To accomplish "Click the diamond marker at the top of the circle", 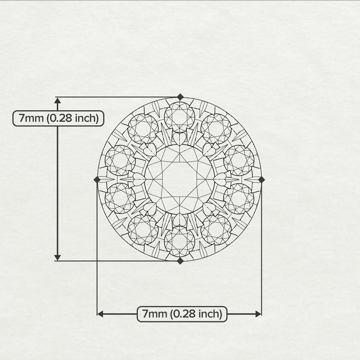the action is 180,97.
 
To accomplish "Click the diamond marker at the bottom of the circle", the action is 180,261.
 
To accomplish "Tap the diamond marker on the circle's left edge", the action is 97,180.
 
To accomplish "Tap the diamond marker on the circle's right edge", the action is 262,180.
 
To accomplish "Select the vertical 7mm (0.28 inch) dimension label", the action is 58,118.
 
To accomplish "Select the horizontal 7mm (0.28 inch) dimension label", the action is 182,314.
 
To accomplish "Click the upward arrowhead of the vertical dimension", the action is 57,100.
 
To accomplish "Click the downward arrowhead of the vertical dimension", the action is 57,257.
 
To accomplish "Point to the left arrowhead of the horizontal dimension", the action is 100,314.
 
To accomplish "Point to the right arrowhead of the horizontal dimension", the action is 258,314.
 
